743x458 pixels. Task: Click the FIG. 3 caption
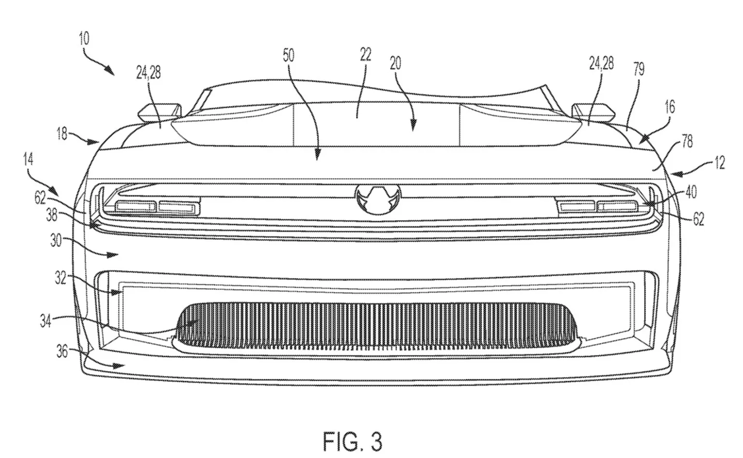click(x=353, y=441)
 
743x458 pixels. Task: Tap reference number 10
click(x=84, y=39)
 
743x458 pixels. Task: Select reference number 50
click(x=289, y=56)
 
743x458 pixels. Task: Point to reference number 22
click(x=365, y=54)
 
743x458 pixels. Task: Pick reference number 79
click(x=639, y=69)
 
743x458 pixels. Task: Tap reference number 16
click(x=669, y=107)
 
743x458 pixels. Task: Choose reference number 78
click(x=687, y=142)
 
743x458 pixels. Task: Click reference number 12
click(x=719, y=163)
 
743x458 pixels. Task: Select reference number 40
click(x=691, y=192)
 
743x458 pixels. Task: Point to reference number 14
click(x=28, y=159)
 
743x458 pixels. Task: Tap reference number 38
click(x=52, y=216)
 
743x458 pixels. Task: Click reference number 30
click(x=56, y=241)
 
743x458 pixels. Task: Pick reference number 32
click(x=60, y=278)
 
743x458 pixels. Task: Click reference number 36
click(x=62, y=351)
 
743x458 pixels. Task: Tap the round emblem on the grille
click(x=378, y=199)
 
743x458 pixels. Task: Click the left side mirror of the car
click(x=160, y=113)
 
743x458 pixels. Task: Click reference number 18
click(x=61, y=134)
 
